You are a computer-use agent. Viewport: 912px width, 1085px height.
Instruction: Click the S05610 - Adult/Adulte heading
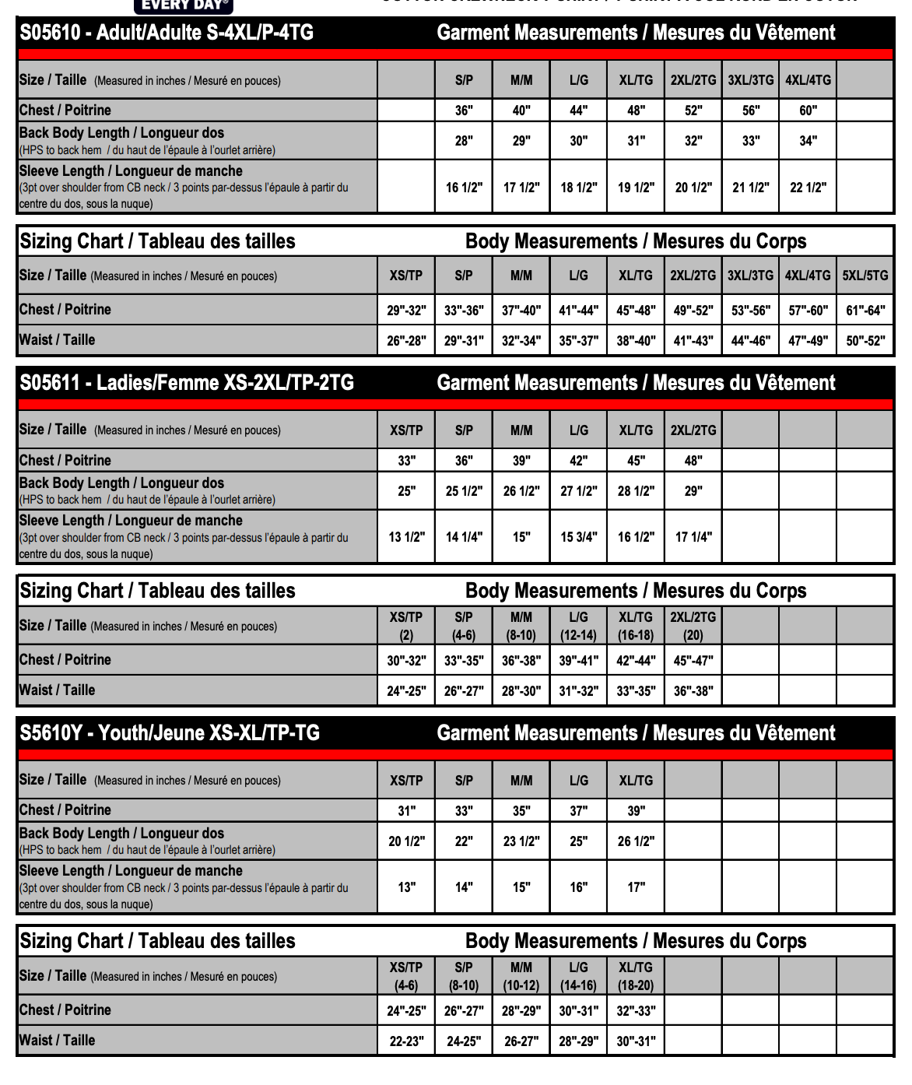[x=167, y=33]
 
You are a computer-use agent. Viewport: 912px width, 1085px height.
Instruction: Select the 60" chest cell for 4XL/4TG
[x=808, y=111]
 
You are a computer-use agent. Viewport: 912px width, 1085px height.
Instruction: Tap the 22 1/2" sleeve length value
[x=808, y=188]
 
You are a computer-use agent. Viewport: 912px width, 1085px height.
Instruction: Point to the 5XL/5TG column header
[x=865, y=276]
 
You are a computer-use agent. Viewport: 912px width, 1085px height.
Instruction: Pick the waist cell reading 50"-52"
[x=865, y=341]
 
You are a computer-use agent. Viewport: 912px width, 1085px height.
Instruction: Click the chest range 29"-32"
[x=406, y=311]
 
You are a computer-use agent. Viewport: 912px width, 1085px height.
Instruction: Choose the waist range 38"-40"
[x=636, y=341]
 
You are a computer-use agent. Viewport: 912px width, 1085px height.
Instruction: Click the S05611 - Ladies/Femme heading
[x=187, y=383]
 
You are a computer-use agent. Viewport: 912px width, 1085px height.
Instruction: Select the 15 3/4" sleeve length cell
[x=578, y=537]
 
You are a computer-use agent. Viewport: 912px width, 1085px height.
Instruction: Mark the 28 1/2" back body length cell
[x=636, y=491]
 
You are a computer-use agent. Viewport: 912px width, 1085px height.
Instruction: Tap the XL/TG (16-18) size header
[x=636, y=626]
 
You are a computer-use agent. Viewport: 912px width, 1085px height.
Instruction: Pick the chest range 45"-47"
[x=693, y=661]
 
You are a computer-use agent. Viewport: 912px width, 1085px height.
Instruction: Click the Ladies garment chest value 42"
[x=578, y=461]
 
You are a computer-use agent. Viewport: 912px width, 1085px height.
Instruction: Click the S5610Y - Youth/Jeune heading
[x=170, y=733]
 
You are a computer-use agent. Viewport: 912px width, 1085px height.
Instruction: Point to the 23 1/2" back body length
[x=521, y=841]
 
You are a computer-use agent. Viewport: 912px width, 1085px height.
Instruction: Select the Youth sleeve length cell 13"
[x=406, y=887]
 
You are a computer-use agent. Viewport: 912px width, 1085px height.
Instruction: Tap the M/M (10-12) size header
[x=521, y=976]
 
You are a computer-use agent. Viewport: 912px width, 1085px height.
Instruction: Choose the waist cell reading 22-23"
[x=406, y=1041]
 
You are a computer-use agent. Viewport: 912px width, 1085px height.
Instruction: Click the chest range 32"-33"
[x=636, y=1011]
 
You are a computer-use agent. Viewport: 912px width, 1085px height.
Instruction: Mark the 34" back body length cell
[x=808, y=141]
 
